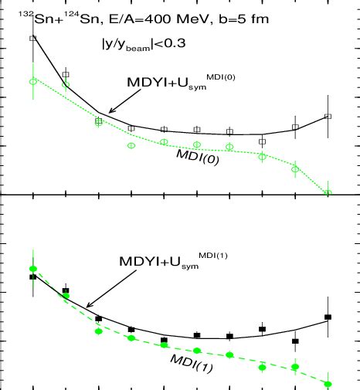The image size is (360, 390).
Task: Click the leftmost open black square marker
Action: [32, 38]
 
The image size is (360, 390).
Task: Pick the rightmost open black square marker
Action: [328, 117]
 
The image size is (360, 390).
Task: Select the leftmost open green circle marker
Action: [32, 81]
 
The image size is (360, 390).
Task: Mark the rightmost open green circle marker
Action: [328, 192]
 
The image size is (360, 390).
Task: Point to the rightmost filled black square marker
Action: [328, 317]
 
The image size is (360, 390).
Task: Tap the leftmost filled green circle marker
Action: [32, 269]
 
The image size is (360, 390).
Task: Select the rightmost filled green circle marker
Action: [328, 384]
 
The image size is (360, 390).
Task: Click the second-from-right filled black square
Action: [295, 341]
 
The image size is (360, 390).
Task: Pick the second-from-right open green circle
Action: [295, 169]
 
